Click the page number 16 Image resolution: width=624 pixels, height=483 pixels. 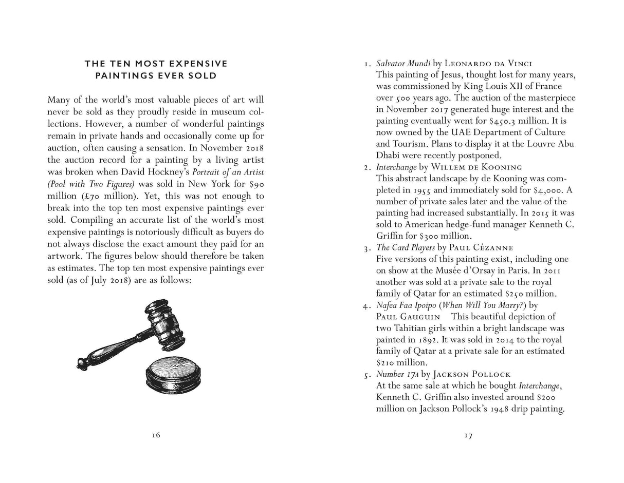pyautogui.click(x=156, y=435)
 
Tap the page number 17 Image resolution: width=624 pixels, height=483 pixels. pyautogui.click(x=468, y=436)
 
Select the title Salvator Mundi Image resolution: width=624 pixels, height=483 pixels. pyautogui.click(x=403, y=64)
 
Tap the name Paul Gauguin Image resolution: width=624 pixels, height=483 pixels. pyautogui.click(x=408, y=317)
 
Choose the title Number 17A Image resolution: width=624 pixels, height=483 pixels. pyautogui.click(x=397, y=374)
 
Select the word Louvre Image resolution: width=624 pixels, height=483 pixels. pyautogui.click(x=536, y=144)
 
